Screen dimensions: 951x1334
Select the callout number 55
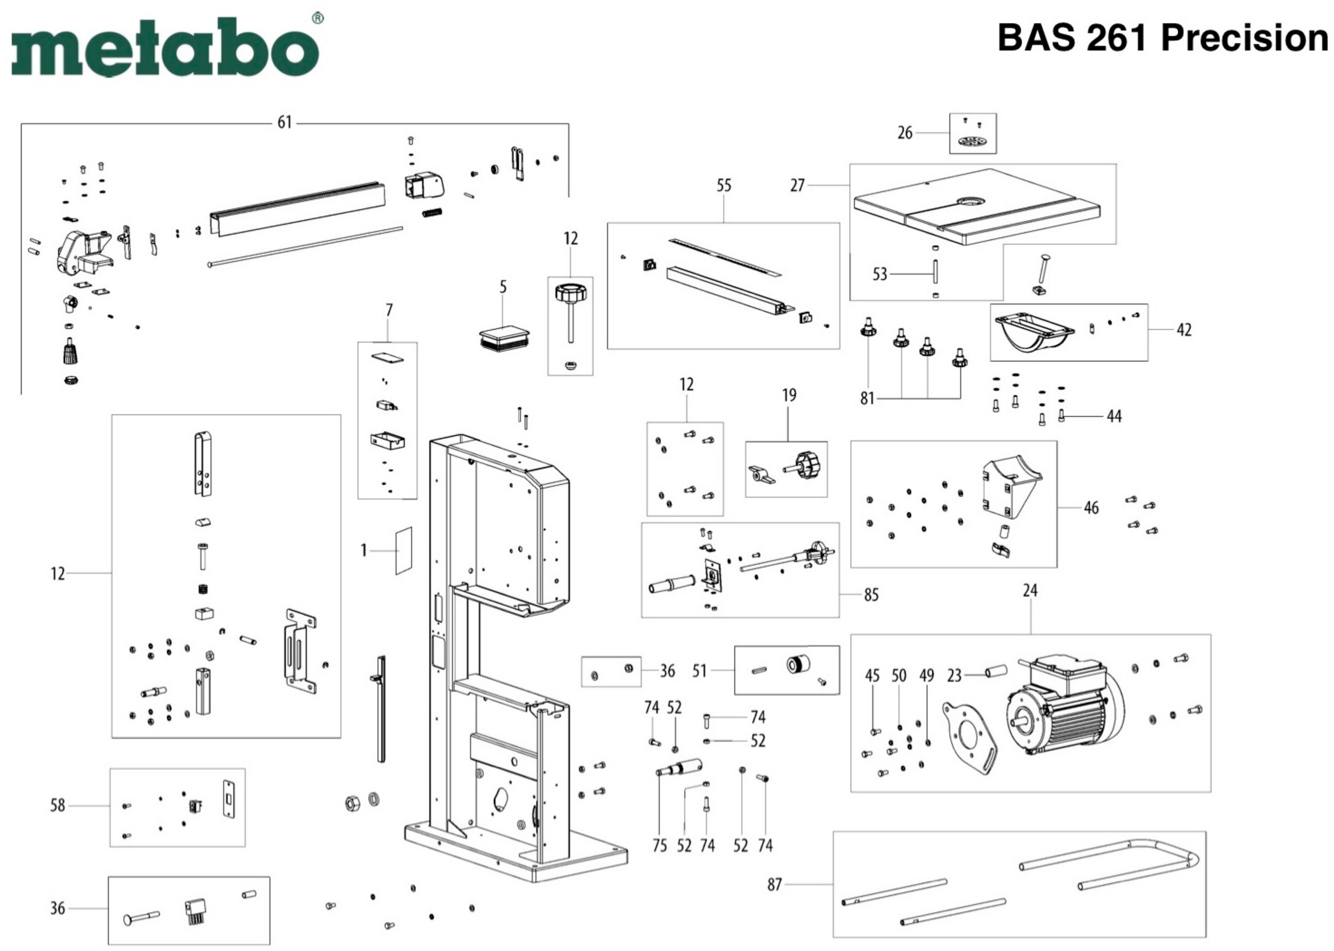pos(724,186)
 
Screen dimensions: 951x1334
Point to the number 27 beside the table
pos(797,186)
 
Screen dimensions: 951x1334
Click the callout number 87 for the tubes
pos(774,884)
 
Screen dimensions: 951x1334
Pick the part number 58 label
pos(57,806)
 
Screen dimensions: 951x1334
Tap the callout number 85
pos(871,595)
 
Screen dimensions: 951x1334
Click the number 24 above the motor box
pos(1030,591)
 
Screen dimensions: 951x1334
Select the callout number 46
pos(1091,508)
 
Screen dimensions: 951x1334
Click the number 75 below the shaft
pos(660,846)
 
